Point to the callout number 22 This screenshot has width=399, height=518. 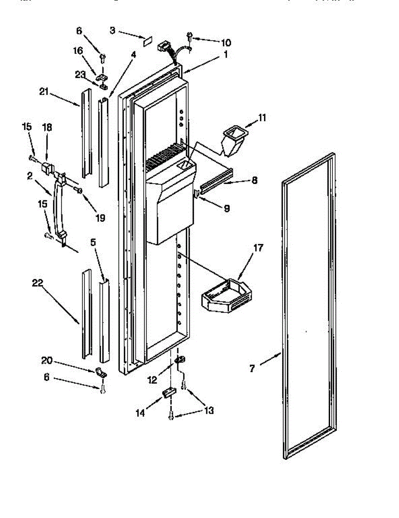[38, 284]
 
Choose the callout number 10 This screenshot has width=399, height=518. [226, 42]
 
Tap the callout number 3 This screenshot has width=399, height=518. [112, 30]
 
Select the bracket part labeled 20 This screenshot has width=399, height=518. [100, 371]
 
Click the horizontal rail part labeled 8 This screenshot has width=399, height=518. [216, 177]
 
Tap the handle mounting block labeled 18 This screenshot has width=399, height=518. [47, 167]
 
